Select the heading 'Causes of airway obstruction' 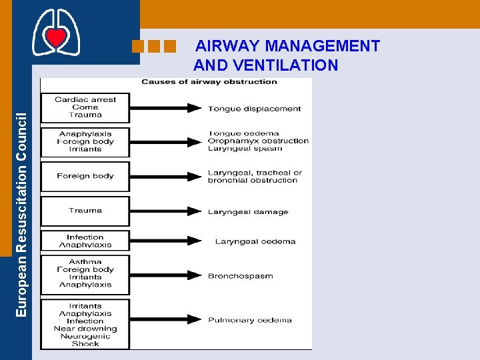pos(209,82)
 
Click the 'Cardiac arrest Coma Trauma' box pos(85,107)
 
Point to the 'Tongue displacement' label pos(254,109)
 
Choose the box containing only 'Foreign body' pos(85,176)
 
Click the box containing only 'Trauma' pos(85,211)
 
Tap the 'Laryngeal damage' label pos(248,212)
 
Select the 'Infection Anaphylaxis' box pos(85,241)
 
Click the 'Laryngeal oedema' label pos(255,241)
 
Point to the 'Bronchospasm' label pos(240,276)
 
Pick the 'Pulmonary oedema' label pos(249,320)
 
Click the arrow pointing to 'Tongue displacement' pos(166,108)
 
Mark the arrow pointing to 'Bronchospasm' pos(166,275)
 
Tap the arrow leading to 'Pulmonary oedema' pos(166,320)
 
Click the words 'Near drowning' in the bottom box pos(85,329)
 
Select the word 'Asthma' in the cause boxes pos(85,262)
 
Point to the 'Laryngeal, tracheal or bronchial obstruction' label pos(254,176)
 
